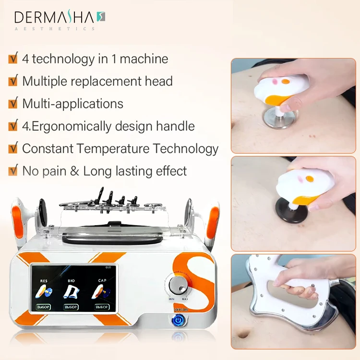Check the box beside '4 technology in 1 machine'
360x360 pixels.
tap(13, 59)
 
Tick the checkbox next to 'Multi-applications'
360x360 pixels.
tap(13, 103)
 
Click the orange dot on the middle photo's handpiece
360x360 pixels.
tap(310, 179)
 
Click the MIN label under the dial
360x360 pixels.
tap(171, 299)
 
